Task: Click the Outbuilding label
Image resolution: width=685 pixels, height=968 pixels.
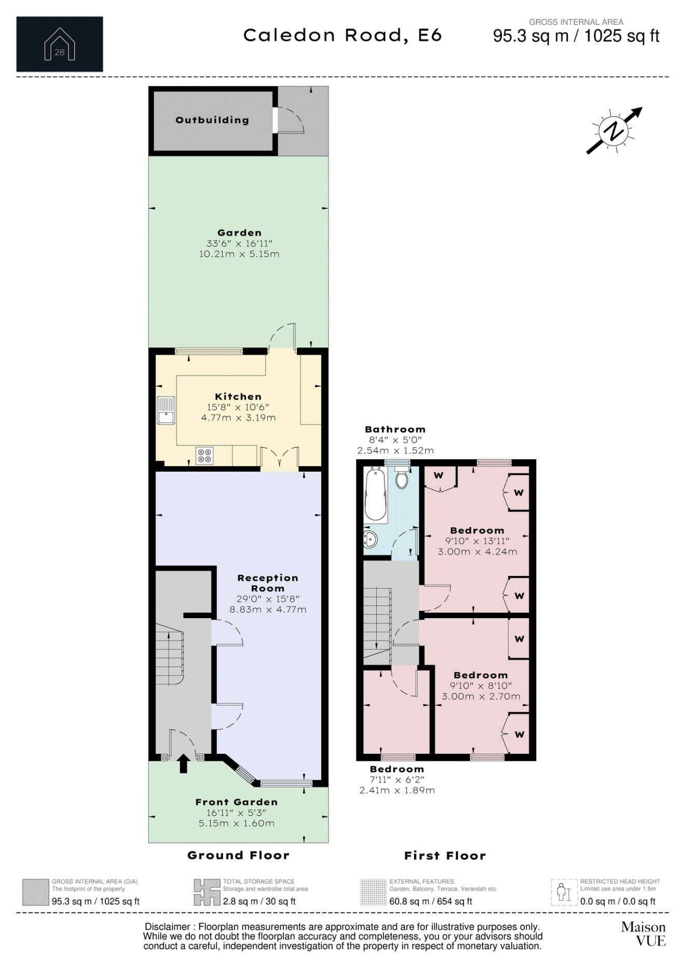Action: (212, 120)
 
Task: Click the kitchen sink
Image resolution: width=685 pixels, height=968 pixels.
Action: (167, 411)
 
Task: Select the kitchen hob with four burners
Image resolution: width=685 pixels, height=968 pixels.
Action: (204, 455)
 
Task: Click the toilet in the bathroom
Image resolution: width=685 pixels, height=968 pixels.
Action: (402, 478)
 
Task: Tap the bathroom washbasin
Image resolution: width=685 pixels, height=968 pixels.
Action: (371, 539)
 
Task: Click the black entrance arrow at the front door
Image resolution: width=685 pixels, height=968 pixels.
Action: (183, 764)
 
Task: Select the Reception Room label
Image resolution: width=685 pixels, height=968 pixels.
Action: (268, 583)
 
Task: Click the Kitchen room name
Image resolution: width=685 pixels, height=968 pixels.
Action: (238, 397)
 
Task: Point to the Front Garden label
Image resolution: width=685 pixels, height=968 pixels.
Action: (237, 802)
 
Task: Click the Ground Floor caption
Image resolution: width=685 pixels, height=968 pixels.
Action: (238, 855)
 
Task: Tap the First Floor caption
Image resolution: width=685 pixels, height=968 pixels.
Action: (445, 856)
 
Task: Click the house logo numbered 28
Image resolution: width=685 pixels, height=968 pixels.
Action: (60, 45)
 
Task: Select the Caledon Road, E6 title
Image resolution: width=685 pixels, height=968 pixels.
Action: (342, 35)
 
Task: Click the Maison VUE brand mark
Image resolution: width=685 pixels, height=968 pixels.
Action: (643, 934)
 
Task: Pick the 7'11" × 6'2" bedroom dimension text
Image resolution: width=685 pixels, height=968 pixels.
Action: (397, 780)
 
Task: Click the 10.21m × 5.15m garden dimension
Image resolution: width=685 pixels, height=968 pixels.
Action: (239, 254)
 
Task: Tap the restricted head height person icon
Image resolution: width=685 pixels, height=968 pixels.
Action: (564, 892)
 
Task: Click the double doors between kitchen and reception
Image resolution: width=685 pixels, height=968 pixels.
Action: (280, 458)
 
